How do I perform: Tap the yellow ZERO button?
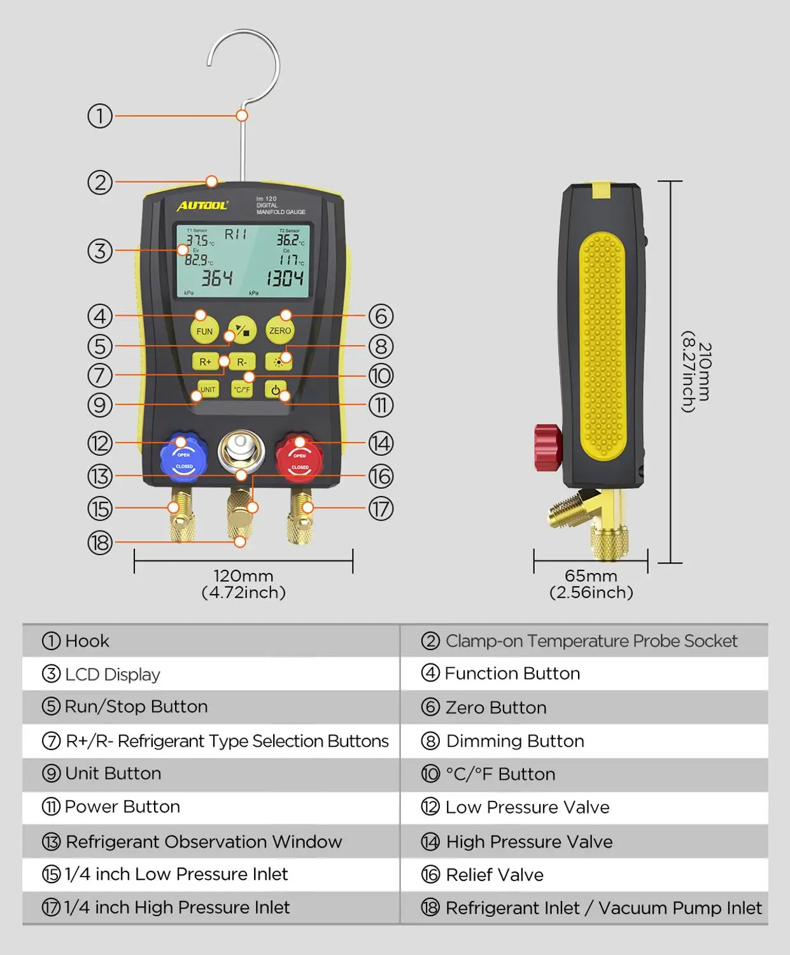(x=279, y=330)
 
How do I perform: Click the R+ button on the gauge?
(x=205, y=362)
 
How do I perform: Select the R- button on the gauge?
(x=242, y=362)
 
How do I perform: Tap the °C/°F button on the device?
(x=242, y=389)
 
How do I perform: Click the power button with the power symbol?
(x=275, y=390)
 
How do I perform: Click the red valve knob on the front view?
(x=299, y=456)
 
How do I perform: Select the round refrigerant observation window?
(x=241, y=450)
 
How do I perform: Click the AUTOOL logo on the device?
(x=202, y=205)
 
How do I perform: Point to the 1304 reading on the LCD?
(x=285, y=278)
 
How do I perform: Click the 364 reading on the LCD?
(x=216, y=278)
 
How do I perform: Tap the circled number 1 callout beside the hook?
(x=100, y=116)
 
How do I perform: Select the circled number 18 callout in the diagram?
(x=100, y=542)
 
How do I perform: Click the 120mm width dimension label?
(x=243, y=576)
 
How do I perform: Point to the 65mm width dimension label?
(x=591, y=576)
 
